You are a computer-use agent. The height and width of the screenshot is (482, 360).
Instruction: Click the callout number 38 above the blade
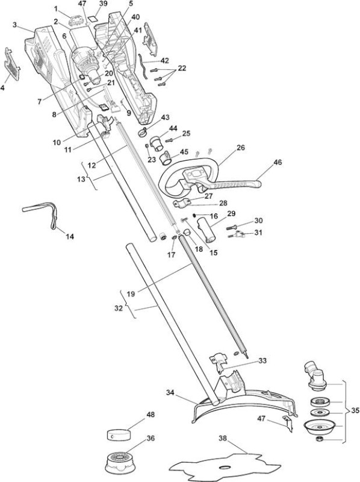tap(223, 439)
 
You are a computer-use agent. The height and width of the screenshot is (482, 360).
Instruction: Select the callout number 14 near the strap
tap(70, 237)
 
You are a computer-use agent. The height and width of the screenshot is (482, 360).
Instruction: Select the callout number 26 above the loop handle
tap(241, 148)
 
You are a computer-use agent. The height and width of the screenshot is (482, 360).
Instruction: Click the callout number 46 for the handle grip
tap(278, 162)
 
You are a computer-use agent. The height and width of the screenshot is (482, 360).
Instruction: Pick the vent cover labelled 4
tap(12, 64)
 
